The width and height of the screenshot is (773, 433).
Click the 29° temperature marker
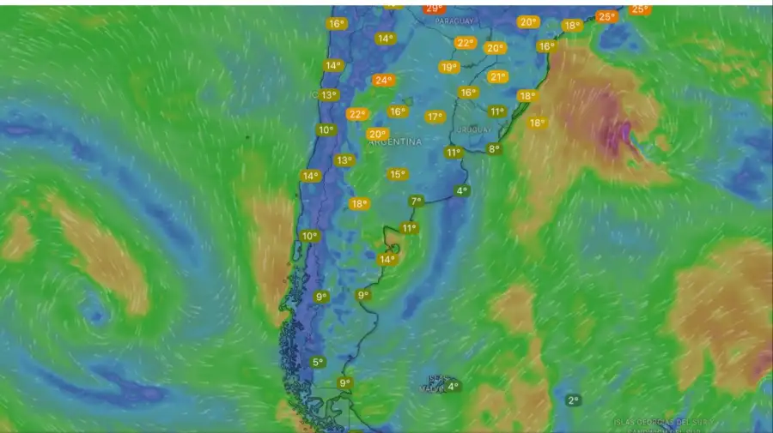click(x=435, y=9)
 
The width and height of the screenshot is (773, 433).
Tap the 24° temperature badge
click(x=383, y=81)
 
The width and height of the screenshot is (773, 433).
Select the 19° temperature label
click(x=448, y=67)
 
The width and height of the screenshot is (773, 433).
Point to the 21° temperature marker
click(x=497, y=77)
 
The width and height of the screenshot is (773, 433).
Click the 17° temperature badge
click(x=435, y=117)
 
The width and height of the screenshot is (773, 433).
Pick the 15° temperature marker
click(x=397, y=174)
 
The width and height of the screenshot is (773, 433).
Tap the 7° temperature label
click(x=417, y=201)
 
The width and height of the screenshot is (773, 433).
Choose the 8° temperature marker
click(x=494, y=149)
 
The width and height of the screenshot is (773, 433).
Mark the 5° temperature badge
click(x=318, y=363)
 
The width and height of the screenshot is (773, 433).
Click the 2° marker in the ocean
click(x=573, y=400)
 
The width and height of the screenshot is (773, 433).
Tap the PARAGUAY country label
click(x=455, y=21)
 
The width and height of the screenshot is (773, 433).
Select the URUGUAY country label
click(x=475, y=129)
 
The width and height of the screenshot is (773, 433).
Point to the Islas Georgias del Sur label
click(x=649, y=421)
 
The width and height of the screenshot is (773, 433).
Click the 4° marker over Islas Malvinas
click(x=453, y=386)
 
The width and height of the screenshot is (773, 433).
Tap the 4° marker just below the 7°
click(x=462, y=190)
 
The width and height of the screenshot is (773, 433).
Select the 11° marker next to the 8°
click(x=453, y=153)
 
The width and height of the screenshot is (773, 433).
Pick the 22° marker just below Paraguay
click(x=466, y=43)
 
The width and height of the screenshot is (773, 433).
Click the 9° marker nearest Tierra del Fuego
click(x=344, y=383)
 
